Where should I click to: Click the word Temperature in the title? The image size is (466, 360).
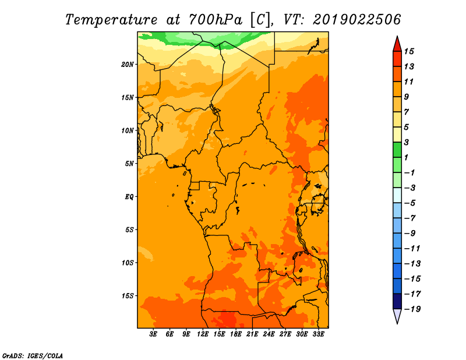pyautogui.click(x=111, y=20)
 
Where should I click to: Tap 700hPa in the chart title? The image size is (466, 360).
pyautogui.click(x=216, y=20)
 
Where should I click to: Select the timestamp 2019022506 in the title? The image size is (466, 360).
pyautogui.click(x=357, y=19)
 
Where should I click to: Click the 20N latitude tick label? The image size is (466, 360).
pyautogui.click(x=128, y=65)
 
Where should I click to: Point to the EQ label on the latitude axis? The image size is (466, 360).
pyautogui.click(x=129, y=197)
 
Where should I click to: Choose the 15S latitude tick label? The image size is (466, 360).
pyautogui.click(x=128, y=296)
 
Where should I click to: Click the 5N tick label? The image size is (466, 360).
pyautogui.click(x=129, y=164)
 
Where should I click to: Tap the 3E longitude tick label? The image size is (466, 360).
pyautogui.click(x=153, y=334)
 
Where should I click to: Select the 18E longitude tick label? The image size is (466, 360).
pyautogui.click(x=236, y=334)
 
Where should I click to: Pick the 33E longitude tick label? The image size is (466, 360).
pyautogui.click(x=318, y=334)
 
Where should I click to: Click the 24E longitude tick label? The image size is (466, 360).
pyautogui.click(x=269, y=334)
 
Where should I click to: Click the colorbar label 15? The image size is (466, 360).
pyautogui.click(x=409, y=51)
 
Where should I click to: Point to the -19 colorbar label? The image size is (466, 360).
pyautogui.click(x=412, y=309)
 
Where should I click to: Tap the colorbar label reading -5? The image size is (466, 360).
pyautogui.click(x=410, y=203)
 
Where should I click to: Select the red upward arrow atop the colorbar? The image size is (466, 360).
pyautogui.click(x=397, y=44)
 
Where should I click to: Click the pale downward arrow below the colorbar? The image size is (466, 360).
pyautogui.click(x=397, y=316)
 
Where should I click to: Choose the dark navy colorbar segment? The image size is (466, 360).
pyautogui.click(x=397, y=301)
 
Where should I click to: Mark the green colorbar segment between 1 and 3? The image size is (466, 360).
pyautogui.click(x=397, y=150)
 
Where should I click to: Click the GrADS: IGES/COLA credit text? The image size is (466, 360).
pyautogui.click(x=33, y=356)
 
